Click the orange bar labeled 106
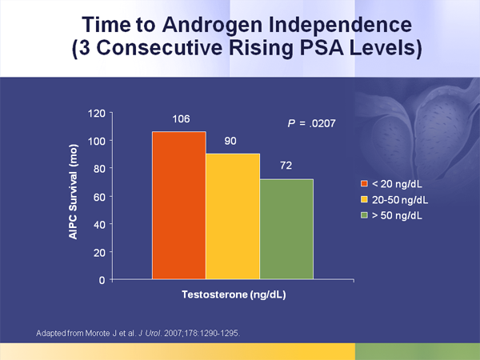[x=178, y=206]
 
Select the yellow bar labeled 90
[x=233, y=216]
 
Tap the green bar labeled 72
[x=286, y=229]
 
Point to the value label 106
[x=180, y=119]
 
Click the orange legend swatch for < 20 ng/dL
[x=364, y=183]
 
